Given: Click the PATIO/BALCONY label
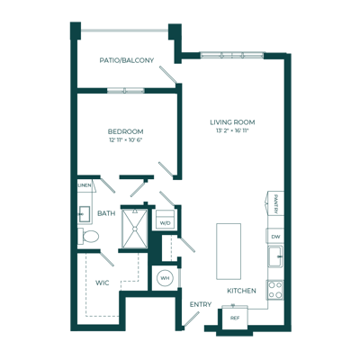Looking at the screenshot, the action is pyautogui.click(x=127, y=60).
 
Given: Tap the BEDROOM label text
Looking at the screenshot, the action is pyautogui.click(x=125, y=131).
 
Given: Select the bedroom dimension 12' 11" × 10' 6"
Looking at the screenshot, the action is pyautogui.click(x=125, y=139).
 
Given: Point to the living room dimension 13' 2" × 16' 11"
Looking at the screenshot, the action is pyautogui.click(x=232, y=130).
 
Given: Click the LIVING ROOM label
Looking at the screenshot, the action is pyautogui.click(x=232, y=122).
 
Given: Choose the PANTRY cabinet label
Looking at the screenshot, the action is pyautogui.click(x=275, y=203).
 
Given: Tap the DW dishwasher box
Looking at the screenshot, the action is pyautogui.click(x=275, y=236).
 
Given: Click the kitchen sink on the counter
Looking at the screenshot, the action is pyautogui.click(x=275, y=256).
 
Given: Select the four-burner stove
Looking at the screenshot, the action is pyautogui.click(x=274, y=290).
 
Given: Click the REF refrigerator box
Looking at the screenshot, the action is pyautogui.click(x=235, y=319).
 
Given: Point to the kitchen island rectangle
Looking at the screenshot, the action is pyautogui.click(x=229, y=251).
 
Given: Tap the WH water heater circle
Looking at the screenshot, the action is pyautogui.click(x=165, y=278).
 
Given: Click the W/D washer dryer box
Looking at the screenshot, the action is pyautogui.click(x=165, y=220).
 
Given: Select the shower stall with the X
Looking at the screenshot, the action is pyautogui.click(x=135, y=229).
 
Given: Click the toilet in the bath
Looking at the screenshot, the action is pyautogui.click(x=88, y=237).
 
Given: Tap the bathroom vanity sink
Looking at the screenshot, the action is pyautogui.click(x=84, y=214).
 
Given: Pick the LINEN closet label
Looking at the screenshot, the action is pyautogui.click(x=85, y=185).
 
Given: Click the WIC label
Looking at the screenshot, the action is pyautogui.click(x=103, y=283).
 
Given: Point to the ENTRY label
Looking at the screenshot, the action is pyautogui.click(x=201, y=304).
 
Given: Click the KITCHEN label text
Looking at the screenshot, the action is pyautogui.click(x=241, y=291).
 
